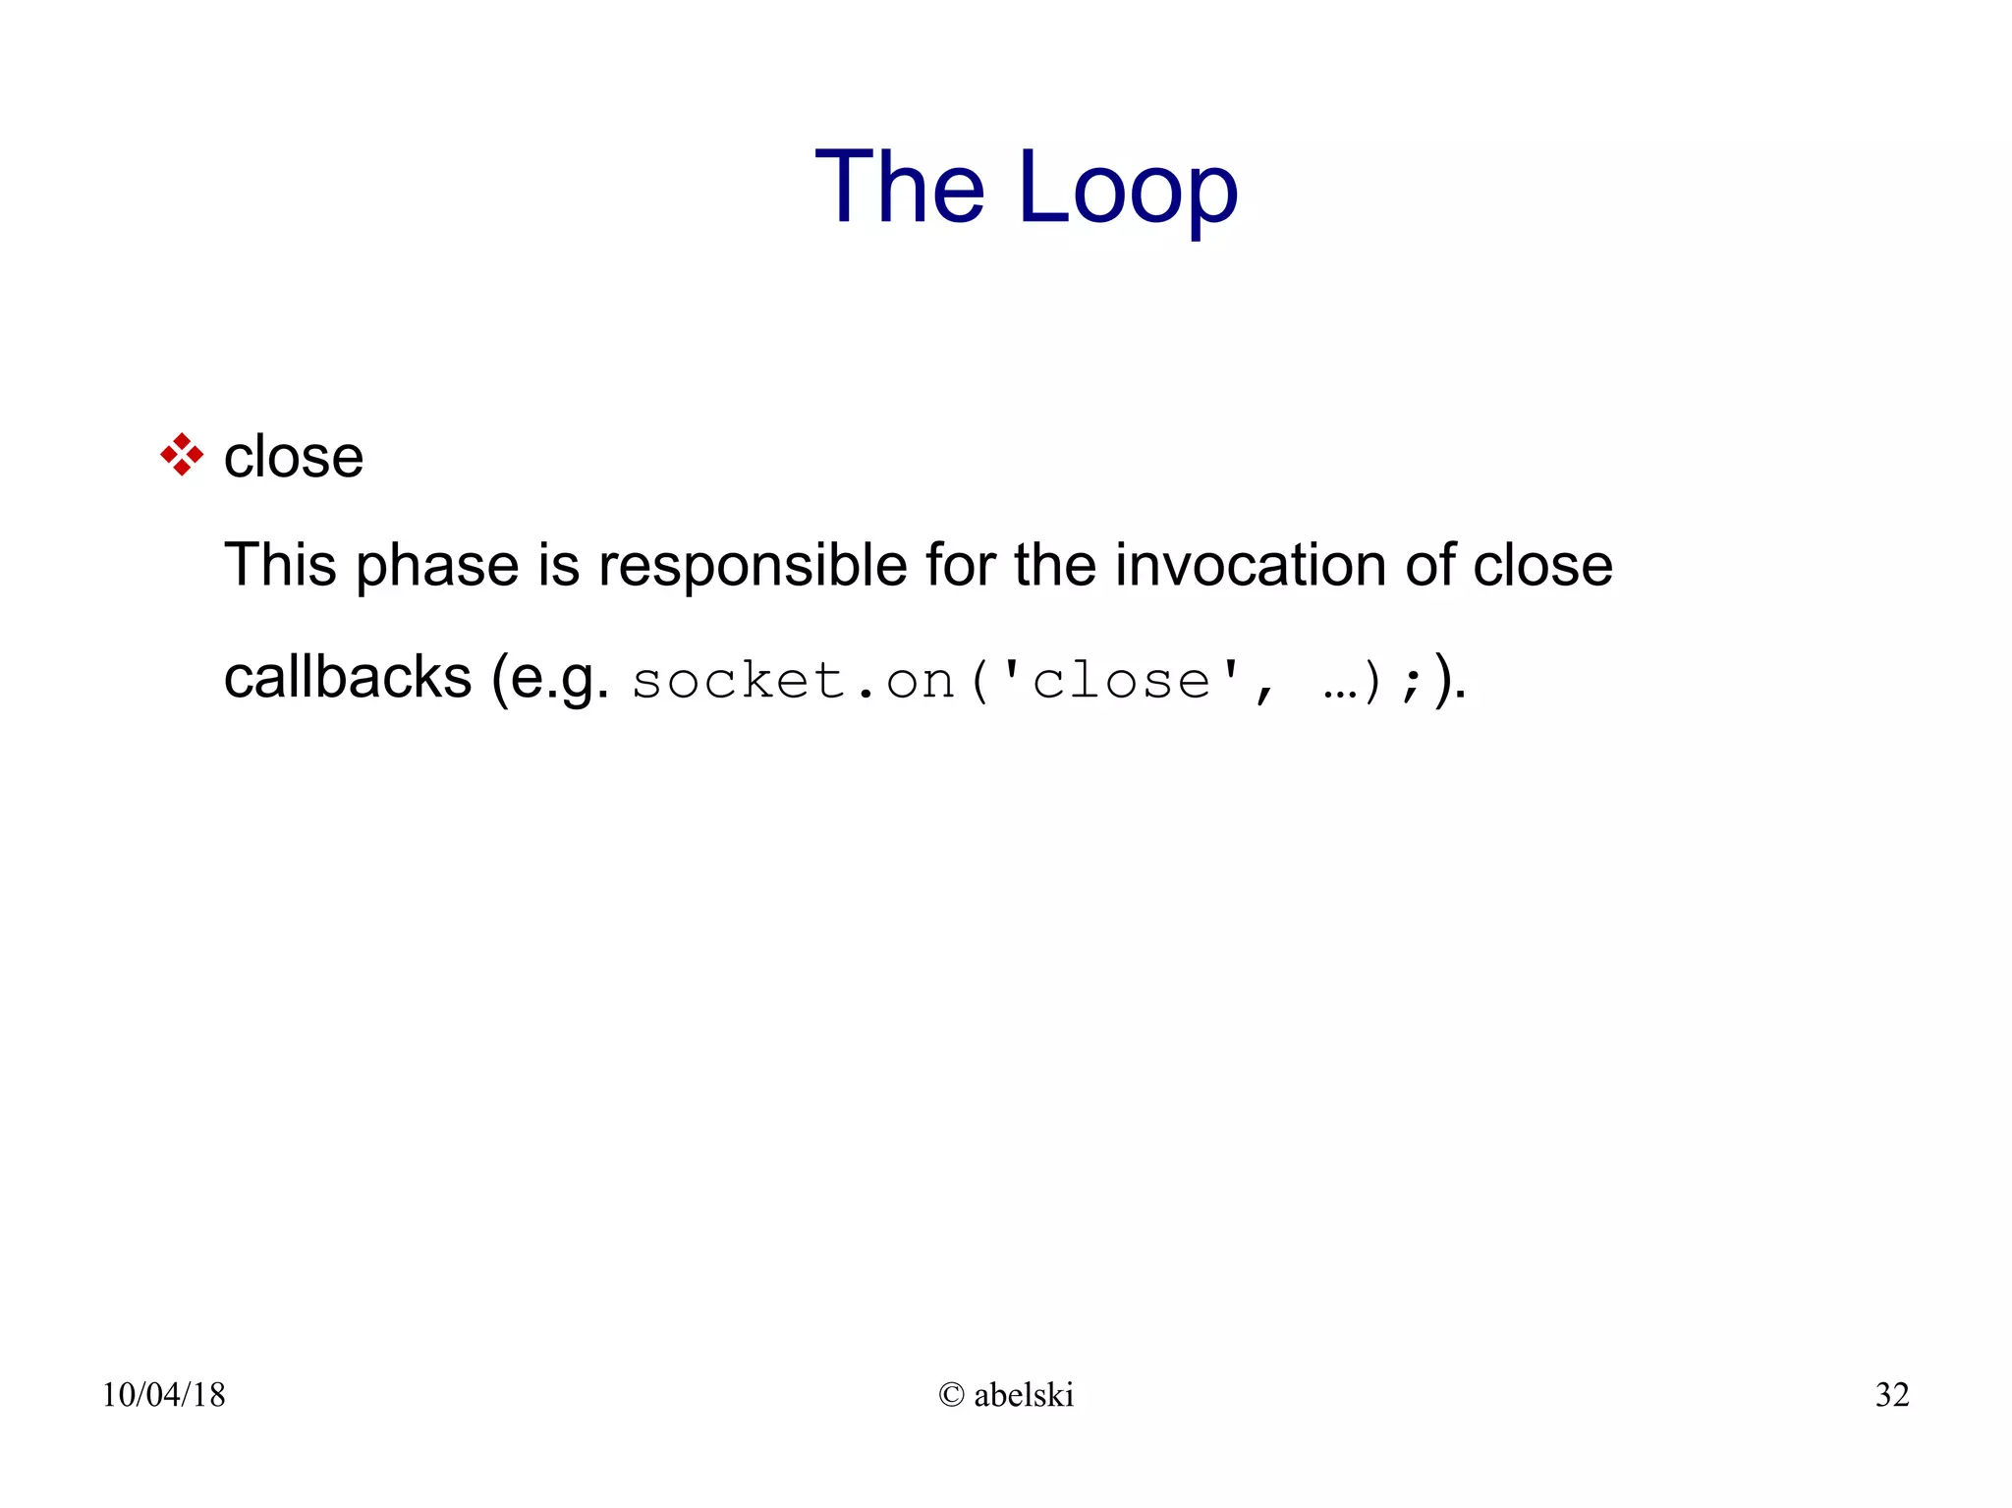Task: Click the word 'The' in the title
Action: pyautogui.click(x=899, y=187)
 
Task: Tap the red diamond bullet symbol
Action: pyautogui.click(x=182, y=455)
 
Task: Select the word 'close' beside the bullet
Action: pyautogui.click(x=294, y=457)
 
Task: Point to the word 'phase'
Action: pyautogui.click(x=436, y=567)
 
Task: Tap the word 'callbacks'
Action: pyautogui.click(x=348, y=677)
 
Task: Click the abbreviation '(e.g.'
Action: pyautogui.click(x=550, y=679)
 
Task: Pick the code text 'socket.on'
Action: pyautogui.click(x=793, y=681)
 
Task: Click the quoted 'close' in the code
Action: pyautogui.click(x=1121, y=681)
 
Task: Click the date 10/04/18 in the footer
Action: pyautogui.click(x=164, y=1395)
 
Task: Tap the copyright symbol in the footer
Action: pyautogui.click(x=951, y=1395)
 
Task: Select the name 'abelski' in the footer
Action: pyautogui.click(x=1024, y=1395)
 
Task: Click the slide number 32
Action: pyautogui.click(x=1892, y=1395)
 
